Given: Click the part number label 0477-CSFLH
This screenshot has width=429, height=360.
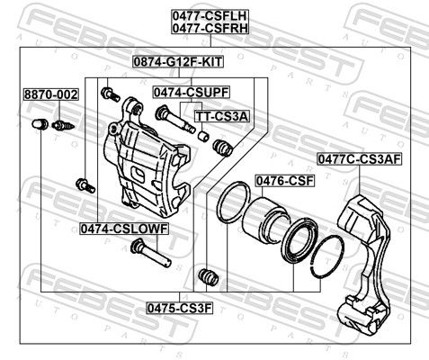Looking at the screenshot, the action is click(x=210, y=15).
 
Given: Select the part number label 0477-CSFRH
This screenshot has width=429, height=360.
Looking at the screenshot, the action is click(x=210, y=28).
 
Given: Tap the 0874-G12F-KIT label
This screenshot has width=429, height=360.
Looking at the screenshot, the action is click(x=178, y=62).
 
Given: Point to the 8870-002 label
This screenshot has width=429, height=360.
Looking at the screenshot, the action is click(x=51, y=94).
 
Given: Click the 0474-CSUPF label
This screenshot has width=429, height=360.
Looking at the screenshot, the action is click(x=192, y=92).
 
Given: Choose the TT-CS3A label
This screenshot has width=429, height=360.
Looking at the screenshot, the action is click(x=222, y=116).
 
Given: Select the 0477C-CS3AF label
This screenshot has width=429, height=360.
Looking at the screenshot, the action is click(x=360, y=159).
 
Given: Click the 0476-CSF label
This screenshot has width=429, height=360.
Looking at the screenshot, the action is click(x=284, y=181).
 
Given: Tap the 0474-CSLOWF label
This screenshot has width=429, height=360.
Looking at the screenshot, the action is click(x=124, y=229).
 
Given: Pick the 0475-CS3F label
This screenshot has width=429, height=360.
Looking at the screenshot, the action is click(x=180, y=308).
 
